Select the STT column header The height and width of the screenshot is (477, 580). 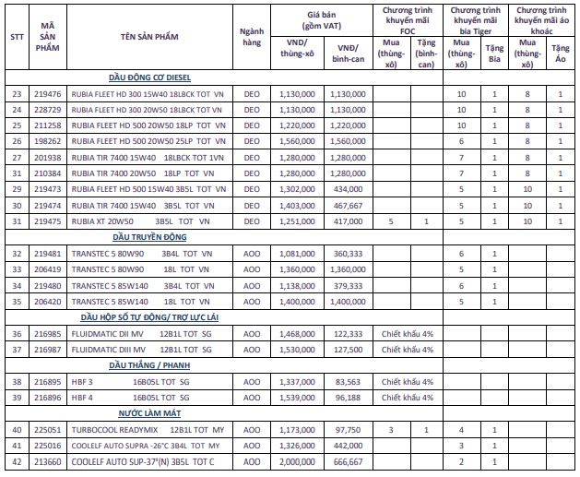click(x=16, y=36)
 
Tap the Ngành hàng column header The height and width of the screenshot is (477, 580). click(x=252, y=36)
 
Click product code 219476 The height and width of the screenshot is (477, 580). click(x=47, y=94)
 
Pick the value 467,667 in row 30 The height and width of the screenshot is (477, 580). click(x=348, y=205)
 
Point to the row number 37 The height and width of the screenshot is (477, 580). click(x=16, y=350)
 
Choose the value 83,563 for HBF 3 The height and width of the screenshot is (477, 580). click(x=348, y=381)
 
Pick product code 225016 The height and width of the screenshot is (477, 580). click(x=47, y=445)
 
